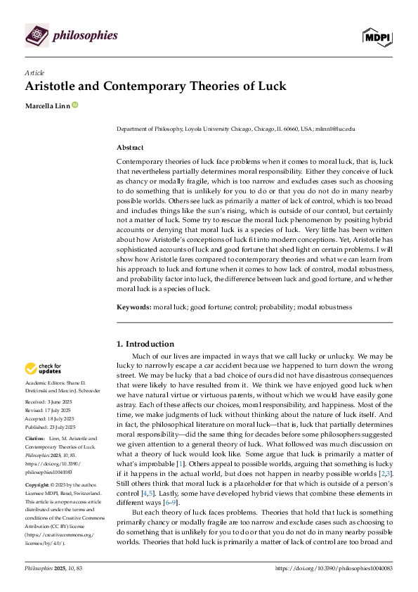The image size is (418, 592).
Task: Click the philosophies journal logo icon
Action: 37,35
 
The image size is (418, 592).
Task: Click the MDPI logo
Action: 376,37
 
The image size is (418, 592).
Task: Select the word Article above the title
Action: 34,72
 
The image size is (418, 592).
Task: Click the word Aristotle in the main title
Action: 55,86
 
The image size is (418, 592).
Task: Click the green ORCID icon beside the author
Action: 74,106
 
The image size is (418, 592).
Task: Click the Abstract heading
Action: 130,148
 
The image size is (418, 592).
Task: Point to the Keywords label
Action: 135,307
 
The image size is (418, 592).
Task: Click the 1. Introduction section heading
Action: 145,344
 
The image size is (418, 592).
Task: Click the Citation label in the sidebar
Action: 36,437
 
